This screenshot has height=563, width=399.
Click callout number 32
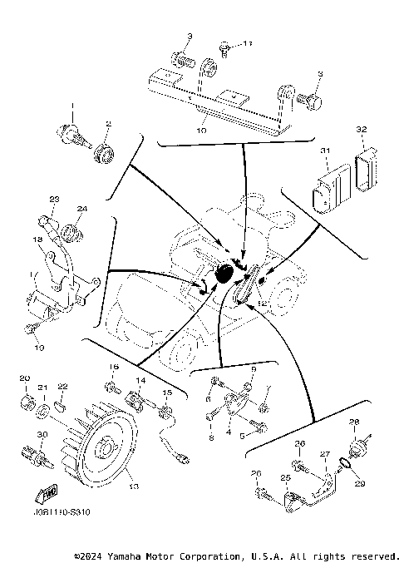[361, 129]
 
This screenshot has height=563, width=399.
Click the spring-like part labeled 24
[73, 230]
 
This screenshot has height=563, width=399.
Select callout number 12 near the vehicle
[261, 304]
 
